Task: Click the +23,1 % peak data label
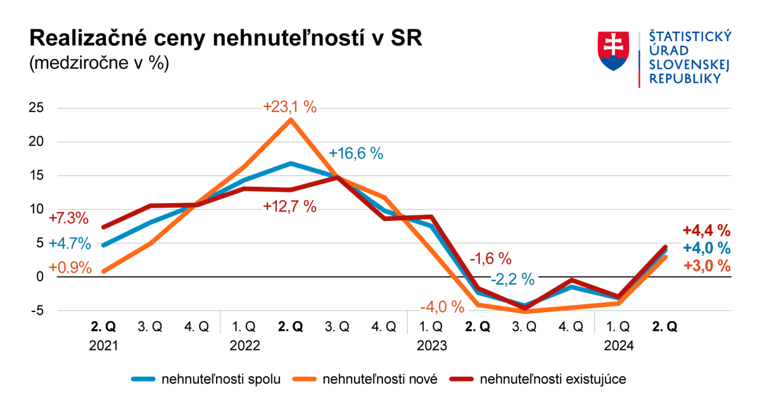pos(289,107)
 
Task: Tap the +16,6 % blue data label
pos(356,154)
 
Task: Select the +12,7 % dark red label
pos(289,206)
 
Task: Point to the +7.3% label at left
pos(68,218)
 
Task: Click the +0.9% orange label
pos(70,267)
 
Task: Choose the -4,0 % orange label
pos(442,308)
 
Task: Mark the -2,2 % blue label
pos(512,279)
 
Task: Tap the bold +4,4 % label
pos(707,230)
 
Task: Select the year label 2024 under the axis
pos(617,346)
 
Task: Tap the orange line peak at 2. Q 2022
pos(290,120)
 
